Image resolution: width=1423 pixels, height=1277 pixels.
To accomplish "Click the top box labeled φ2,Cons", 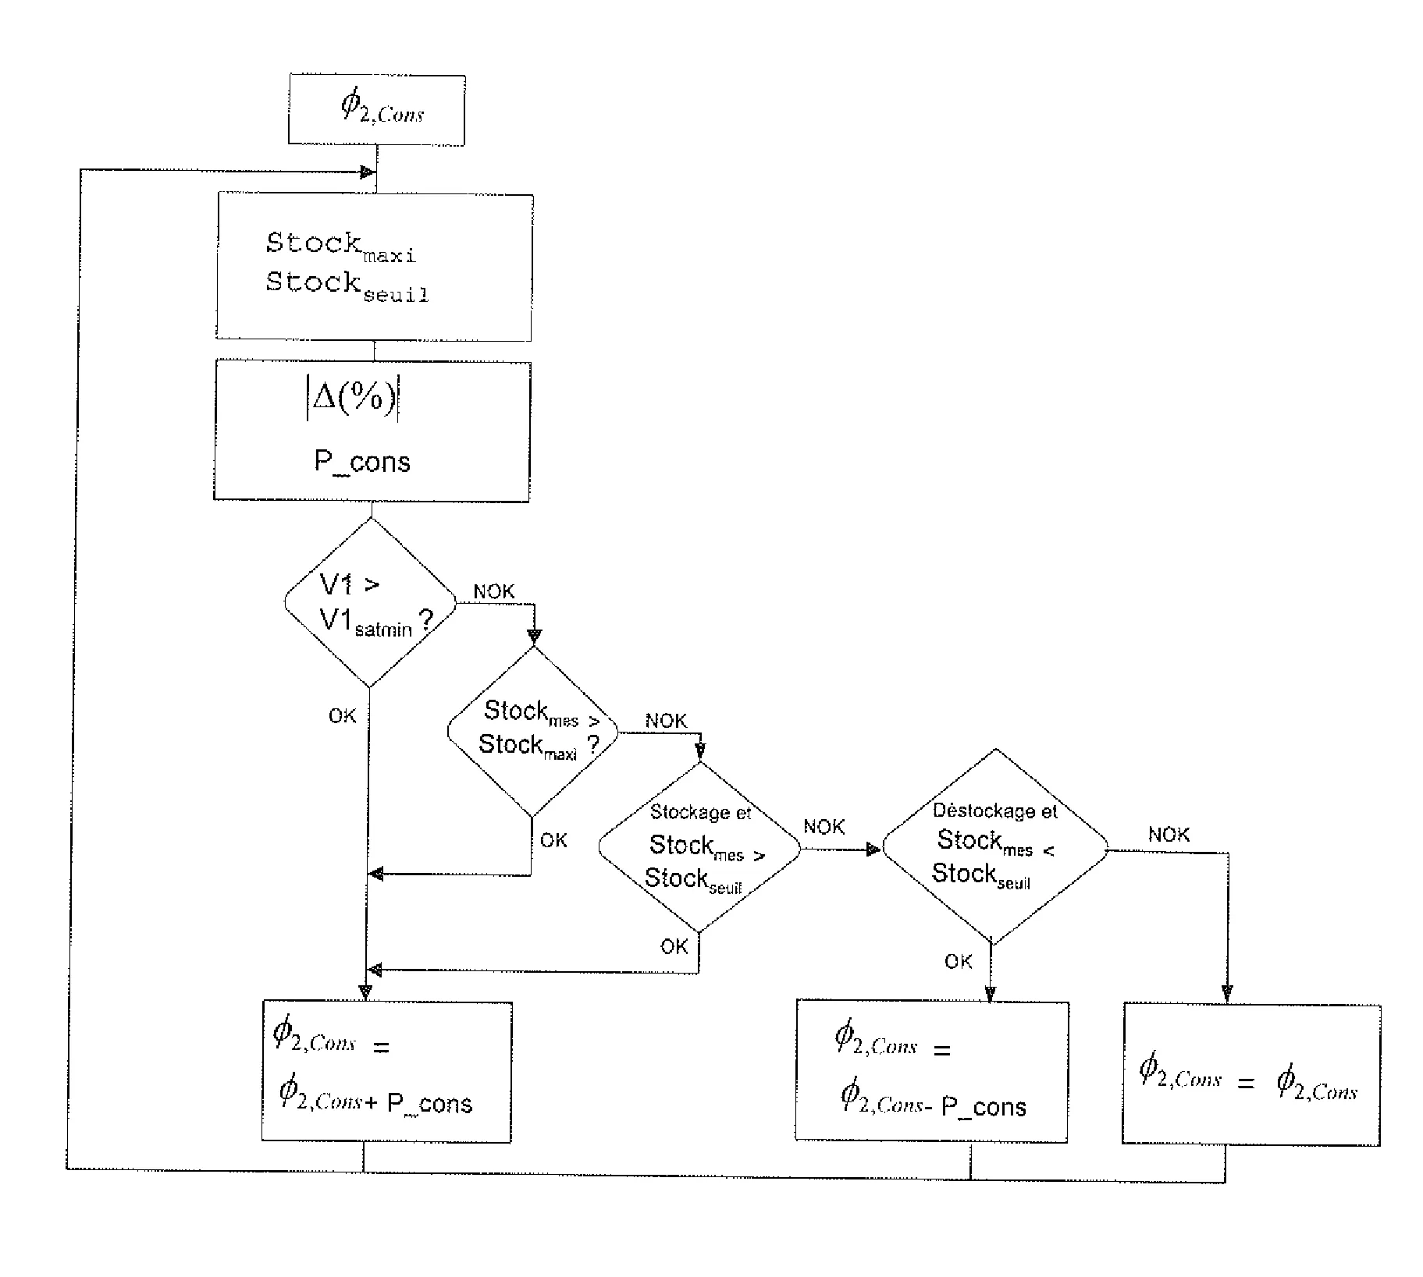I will pos(377,109).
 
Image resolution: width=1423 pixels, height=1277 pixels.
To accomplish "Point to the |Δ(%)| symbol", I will pos(353,400).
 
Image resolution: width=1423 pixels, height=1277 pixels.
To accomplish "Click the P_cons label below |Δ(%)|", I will pos(362,462).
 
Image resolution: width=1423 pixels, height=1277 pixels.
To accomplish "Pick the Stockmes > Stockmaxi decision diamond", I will pos(533,732).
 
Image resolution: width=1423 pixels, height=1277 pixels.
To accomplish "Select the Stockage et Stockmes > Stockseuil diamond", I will pos(699,847).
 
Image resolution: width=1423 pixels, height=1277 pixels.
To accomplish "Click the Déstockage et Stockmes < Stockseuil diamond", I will pos(994,847).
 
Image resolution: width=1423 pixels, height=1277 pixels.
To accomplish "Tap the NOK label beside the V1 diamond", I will pos(494,592).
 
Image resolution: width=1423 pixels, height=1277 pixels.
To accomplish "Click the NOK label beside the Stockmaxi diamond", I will pos(666,721).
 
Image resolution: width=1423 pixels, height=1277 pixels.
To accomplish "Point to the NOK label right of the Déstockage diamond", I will pos(1169,835).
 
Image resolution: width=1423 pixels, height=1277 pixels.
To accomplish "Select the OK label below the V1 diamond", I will pos(342,716).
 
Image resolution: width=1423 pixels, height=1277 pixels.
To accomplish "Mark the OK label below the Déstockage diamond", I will pos(959,962).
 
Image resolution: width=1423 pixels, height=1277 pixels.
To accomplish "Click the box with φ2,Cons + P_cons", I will pos(386,1073).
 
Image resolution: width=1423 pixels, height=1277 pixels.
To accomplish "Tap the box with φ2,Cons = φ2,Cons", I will pos(1251,1074).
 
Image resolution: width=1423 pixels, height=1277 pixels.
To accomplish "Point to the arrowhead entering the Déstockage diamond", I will pos(873,850).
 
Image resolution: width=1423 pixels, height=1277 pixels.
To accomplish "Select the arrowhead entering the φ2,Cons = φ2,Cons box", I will pos(1227,994).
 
